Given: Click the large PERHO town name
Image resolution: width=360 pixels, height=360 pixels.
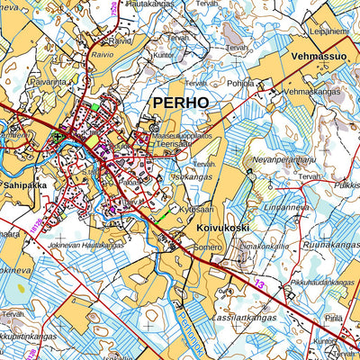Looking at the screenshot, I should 180,103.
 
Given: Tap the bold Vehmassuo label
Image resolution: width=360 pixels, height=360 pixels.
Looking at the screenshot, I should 319,56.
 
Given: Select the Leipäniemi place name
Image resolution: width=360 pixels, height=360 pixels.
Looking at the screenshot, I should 329,31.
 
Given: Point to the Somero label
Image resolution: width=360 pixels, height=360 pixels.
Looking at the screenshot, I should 207,246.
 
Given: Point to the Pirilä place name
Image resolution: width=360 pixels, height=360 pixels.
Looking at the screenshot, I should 335,318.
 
